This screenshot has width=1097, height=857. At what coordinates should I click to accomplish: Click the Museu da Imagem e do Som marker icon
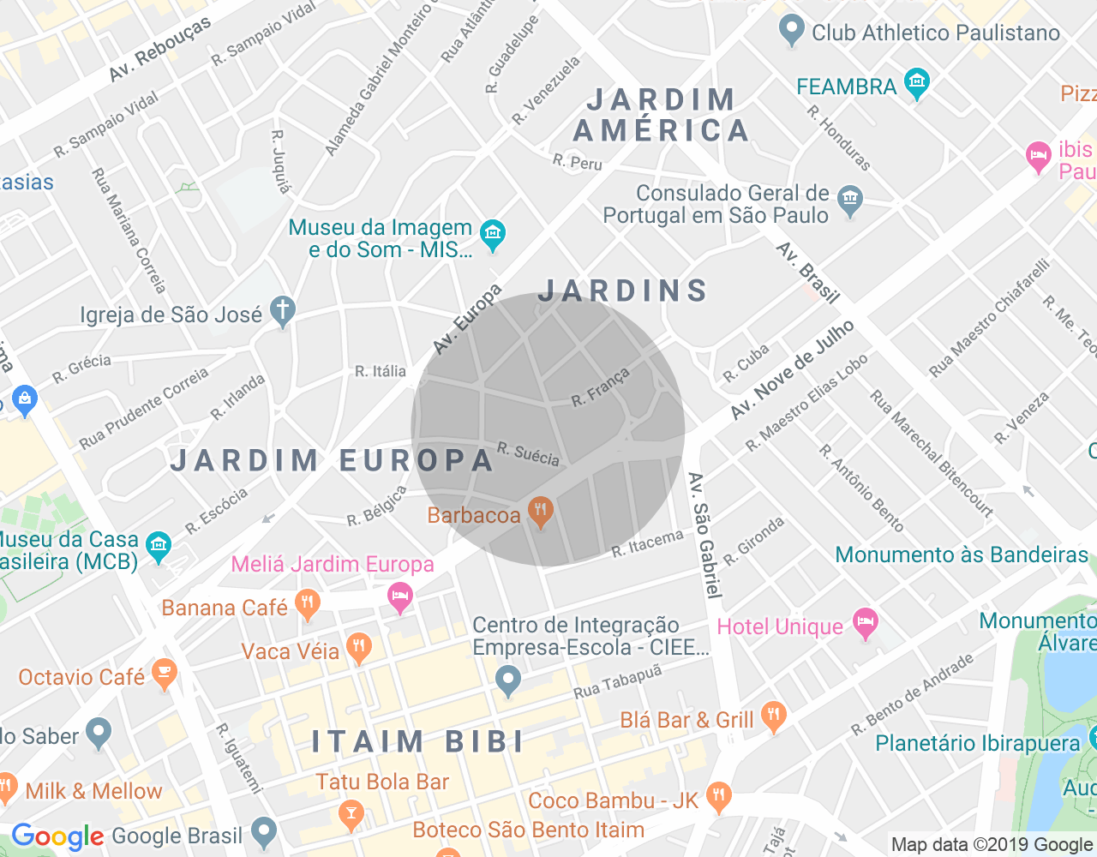pos(493,233)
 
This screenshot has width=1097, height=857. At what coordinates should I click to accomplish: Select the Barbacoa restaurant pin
pos(541,512)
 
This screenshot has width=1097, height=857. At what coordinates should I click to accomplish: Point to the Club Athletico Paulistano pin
pos(791,31)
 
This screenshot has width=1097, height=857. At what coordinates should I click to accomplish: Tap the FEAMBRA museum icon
pos(917,83)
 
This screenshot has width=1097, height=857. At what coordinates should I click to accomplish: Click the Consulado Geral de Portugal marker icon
pos(850,201)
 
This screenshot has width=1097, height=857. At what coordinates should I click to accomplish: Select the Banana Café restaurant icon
pos(307,604)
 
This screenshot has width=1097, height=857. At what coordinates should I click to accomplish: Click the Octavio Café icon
pos(164,674)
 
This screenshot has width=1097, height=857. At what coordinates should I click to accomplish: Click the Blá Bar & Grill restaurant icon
pos(774,716)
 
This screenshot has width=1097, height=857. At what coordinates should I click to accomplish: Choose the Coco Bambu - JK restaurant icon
pos(719,797)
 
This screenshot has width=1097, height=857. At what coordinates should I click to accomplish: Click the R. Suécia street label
pos(528,454)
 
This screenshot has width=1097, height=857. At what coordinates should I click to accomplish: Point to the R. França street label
pos(601,387)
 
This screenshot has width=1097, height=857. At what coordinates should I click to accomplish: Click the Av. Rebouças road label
pos(159,51)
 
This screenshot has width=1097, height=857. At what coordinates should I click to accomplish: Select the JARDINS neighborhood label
pos(623,291)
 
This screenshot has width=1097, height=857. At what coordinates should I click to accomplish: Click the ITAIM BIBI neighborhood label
pos(417,741)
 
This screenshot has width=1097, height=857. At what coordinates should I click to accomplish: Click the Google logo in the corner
pos(57,836)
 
